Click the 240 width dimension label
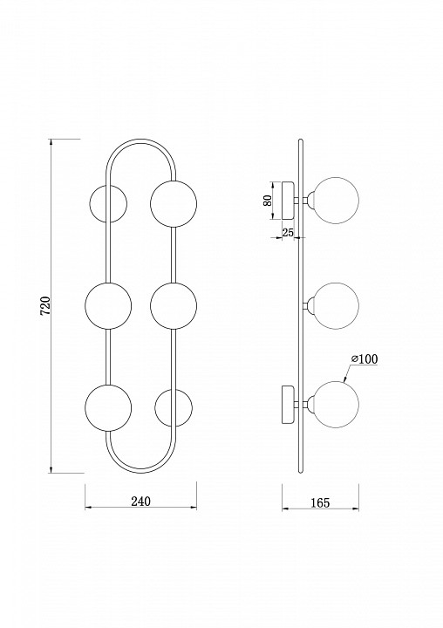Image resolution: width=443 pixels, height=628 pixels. tap(141, 501)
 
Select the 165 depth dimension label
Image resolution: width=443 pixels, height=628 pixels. tap(320, 502)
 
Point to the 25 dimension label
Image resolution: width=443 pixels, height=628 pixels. tap(288, 232)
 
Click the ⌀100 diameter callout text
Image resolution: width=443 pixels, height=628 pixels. tap(365, 359)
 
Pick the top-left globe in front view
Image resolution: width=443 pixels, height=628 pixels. tap(107, 203)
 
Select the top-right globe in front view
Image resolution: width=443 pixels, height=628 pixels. tap(174, 203)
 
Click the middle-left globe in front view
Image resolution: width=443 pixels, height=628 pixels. tap(108, 305)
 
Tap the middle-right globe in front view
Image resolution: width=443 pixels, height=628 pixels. tap(174, 305)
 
